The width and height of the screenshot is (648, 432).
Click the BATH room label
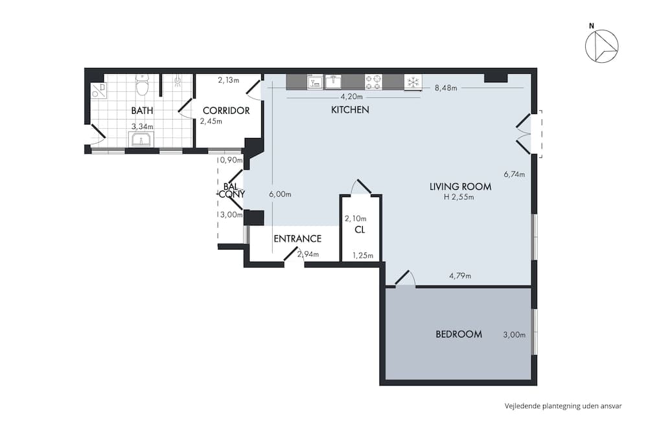(142, 111)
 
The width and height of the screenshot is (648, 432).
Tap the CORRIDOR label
(226, 111)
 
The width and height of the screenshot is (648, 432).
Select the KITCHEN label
(350, 110)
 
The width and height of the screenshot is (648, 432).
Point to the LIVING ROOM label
(460, 187)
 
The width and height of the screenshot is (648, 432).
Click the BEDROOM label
(459, 334)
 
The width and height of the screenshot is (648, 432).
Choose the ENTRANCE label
(297, 239)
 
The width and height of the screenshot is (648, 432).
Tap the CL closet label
(360, 230)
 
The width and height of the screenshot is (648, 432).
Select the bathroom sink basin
(141, 140)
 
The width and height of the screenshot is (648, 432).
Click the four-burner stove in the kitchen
(374, 82)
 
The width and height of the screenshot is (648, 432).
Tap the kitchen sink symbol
(333, 82)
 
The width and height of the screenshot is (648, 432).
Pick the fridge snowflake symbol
(413, 82)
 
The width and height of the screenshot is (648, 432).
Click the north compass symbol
(602, 45)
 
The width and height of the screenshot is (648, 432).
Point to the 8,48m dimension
(446, 88)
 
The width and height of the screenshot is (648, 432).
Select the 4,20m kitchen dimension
(351, 97)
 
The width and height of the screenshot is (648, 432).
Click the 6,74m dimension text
(514, 174)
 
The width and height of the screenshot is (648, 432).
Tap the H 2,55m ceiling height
(459, 197)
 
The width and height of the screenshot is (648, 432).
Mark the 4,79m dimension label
(460, 275)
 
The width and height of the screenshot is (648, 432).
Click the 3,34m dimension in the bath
(142, 126)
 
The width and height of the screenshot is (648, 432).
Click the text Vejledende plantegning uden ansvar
(563, 406)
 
